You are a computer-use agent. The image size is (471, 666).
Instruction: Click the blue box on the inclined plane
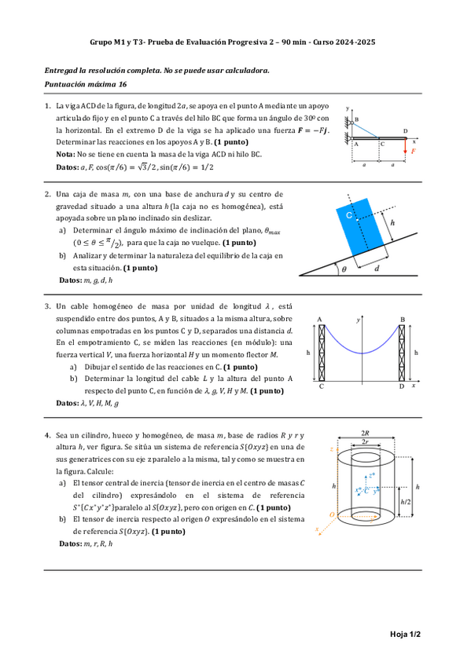click(x=361, y=228)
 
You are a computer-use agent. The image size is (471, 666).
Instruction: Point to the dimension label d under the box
click(x=377, y=268)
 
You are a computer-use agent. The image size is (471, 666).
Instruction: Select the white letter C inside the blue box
click(x=349, y=213)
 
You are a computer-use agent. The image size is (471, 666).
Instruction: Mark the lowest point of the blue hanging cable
click(x=361, y=353)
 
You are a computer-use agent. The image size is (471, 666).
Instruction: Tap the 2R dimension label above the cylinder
click(x=365, y=433)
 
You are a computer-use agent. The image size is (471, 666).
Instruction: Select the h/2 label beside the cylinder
click(x=406, y=501)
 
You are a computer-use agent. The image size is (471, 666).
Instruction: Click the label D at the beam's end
click(x=405, y=131)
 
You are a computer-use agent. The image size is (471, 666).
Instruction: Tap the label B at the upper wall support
click(x=355, y=119)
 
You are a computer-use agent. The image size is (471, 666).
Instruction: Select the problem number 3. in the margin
click(x=48, y=306)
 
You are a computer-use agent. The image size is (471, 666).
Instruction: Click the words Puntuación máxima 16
click(x=85, y=84)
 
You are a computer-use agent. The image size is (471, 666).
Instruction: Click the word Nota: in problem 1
click(x=65, y=155)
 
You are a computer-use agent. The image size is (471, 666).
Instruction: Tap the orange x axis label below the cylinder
click(x=317, y=529)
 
